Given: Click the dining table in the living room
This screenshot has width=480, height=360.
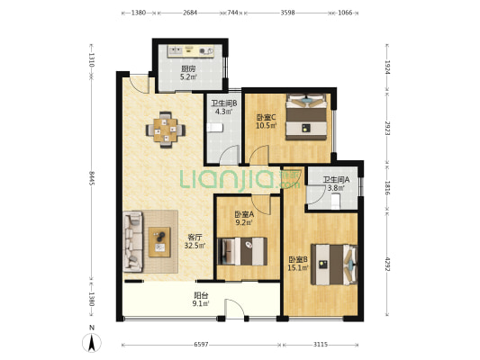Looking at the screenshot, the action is [166, 130].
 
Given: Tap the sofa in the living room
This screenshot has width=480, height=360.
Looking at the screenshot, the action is [133, 241].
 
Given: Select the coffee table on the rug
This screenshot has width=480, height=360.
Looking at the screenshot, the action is [159, 242].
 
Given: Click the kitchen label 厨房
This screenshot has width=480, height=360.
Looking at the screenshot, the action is [188, 68].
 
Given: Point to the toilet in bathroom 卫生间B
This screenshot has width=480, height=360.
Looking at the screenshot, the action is [214, 128].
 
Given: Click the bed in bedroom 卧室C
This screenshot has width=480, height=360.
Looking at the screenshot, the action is [306, 117].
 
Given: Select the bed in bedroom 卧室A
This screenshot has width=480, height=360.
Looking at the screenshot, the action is [242, 251].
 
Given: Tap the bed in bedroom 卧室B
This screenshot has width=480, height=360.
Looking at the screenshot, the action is [334, 265].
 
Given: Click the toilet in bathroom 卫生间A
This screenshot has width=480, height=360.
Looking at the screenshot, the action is [336, 202].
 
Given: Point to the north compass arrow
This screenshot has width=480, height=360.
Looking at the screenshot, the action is [92, 343].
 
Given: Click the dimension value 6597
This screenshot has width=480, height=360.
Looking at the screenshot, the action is [201, 345].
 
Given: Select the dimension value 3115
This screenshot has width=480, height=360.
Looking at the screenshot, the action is [321, 345].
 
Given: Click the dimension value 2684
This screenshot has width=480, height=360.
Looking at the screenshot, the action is [190, 13].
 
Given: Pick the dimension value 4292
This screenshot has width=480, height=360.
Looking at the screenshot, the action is [387, 264].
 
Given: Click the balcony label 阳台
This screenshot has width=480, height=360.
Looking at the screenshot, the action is [201, 296].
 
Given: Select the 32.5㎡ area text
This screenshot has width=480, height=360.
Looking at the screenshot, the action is [195, 246].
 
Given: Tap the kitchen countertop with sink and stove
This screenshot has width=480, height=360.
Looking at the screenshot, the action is [191, 51].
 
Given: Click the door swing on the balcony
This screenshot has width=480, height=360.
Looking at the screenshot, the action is [234, 308].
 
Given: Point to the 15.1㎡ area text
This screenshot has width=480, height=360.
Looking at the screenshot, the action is [298, 268].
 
